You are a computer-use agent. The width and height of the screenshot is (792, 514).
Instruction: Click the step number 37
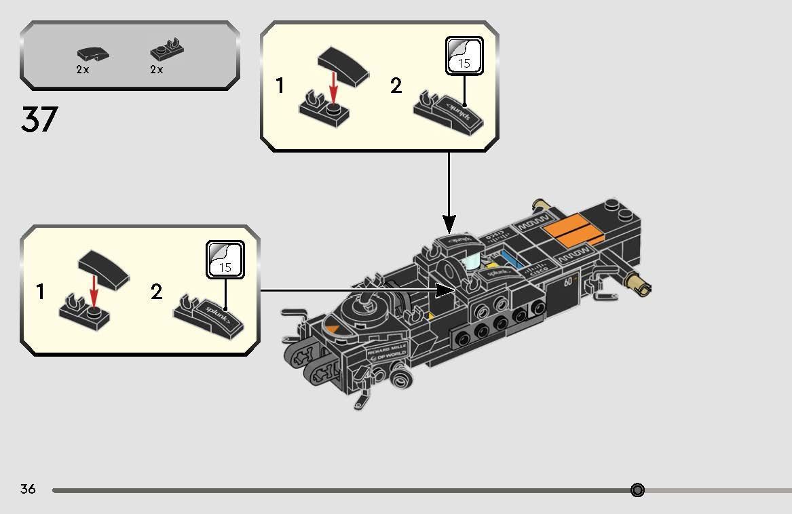[39, 119]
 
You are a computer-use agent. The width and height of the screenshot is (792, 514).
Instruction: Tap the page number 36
[28, 489]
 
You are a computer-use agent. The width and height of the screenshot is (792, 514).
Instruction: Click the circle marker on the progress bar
[637, 490]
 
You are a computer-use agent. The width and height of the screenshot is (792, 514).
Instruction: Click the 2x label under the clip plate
[157, 70]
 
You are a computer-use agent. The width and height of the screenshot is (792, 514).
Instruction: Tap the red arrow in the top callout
[333, 87]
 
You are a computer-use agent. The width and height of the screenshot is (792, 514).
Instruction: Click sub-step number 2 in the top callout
[396, 86]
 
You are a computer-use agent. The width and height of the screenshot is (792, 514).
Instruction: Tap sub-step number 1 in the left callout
[41, 292]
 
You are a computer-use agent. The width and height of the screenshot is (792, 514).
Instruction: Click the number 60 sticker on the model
[569, 281]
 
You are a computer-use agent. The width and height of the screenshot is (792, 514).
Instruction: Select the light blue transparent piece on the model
[472, 263]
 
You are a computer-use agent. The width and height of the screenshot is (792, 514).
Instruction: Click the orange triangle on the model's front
[333, 329]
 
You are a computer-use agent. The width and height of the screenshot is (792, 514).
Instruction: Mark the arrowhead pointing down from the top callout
[449, 224]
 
